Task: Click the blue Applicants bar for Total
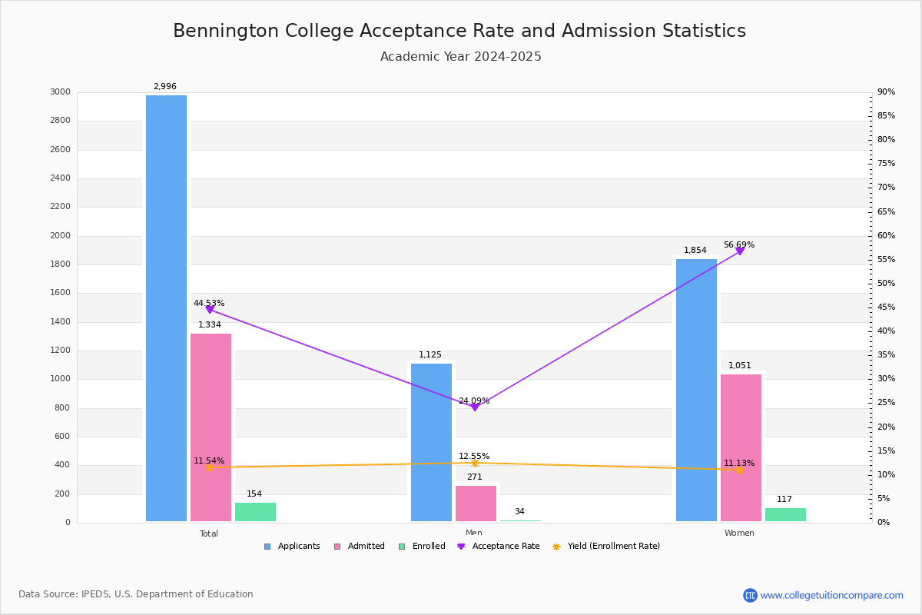pyautogui.click(x=166, y=307)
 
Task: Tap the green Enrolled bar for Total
pyautogui.click(x=255, y=512)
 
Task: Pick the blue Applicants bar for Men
pyautogui.click(x=431, y=442)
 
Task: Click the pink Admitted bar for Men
pyautogui.click(x=476, y=504)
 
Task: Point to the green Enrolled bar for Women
pyautogui.click(x=785, y=514)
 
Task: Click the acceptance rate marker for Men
pyautogui.click(x=474, y=407)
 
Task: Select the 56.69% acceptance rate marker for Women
pyautogui.click(x=740, y=251)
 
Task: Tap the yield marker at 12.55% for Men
pyautogui.click(x=475, y=463)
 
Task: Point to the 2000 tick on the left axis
pyautogui.click(x=61, y=236)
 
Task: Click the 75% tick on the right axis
pyautogui.click(x=886, y=164)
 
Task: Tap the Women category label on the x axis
pyautogui.click(x=739, y=534)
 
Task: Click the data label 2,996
pyautogui.click(x=164, y=87)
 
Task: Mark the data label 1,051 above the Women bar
pyautogui.click(x=740, y=366)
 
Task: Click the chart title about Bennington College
pyautogui.click(x=459, y=31)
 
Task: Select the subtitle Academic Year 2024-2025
pyautogui.click(x=461, y=57)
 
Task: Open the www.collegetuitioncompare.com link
pyautogui.click(x=831, y=595)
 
